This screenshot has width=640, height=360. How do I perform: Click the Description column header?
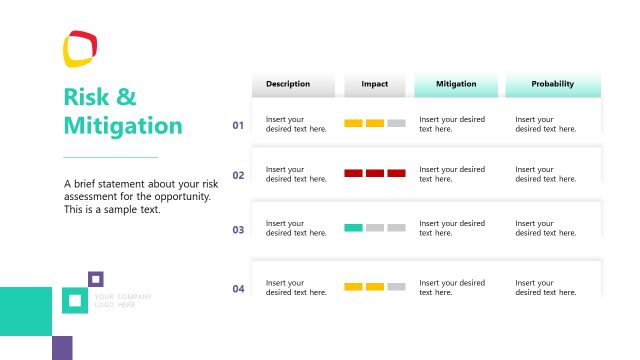[x=288, y=84]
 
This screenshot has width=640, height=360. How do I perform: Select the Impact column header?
[x=375, y=84]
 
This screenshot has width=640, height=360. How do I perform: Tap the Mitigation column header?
[x=456, y=84]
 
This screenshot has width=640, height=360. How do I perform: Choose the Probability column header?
[x=553, y=84]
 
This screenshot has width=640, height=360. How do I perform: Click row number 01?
[x=238, y=125]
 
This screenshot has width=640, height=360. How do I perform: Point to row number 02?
[x=238, y=175]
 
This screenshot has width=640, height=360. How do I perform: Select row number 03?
[x=238, y=230]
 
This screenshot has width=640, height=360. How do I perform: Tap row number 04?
[x=238, y=289]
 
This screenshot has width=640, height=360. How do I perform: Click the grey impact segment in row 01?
[x=396, y=123]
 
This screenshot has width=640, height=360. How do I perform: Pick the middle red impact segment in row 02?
[x=375, y=173]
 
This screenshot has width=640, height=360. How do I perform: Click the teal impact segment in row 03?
[x=353, y=228]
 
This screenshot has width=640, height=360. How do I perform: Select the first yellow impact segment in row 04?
[x=353, y=287]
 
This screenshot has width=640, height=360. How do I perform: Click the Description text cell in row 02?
[x=296, y=174]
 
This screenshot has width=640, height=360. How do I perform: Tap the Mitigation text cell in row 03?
[x=452, y=228]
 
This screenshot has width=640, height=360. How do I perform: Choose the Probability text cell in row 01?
[x=546, y=124]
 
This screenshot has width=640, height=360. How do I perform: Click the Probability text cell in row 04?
[x=546, y=288]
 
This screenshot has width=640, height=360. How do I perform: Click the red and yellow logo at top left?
[x=80, y=48]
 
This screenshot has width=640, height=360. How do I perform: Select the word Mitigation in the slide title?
[x=123, y=126]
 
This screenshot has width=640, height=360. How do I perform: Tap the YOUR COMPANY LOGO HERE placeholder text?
[x=123, y=300]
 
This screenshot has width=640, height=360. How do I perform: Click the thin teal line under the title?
[x=110, y=157]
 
